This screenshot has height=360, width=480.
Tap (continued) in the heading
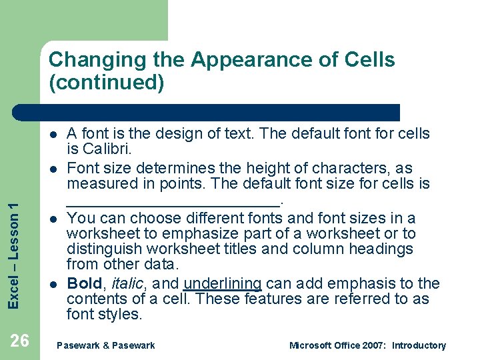[106, 83]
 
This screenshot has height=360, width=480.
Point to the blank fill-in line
[174, 199]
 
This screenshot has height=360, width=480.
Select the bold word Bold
[85, 283]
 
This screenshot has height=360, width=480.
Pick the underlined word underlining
[222, 283]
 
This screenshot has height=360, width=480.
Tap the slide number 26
[19, 341]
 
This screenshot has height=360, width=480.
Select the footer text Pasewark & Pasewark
[106, 345]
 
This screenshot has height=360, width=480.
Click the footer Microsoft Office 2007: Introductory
[367, 345]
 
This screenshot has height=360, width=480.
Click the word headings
[381, 249]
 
